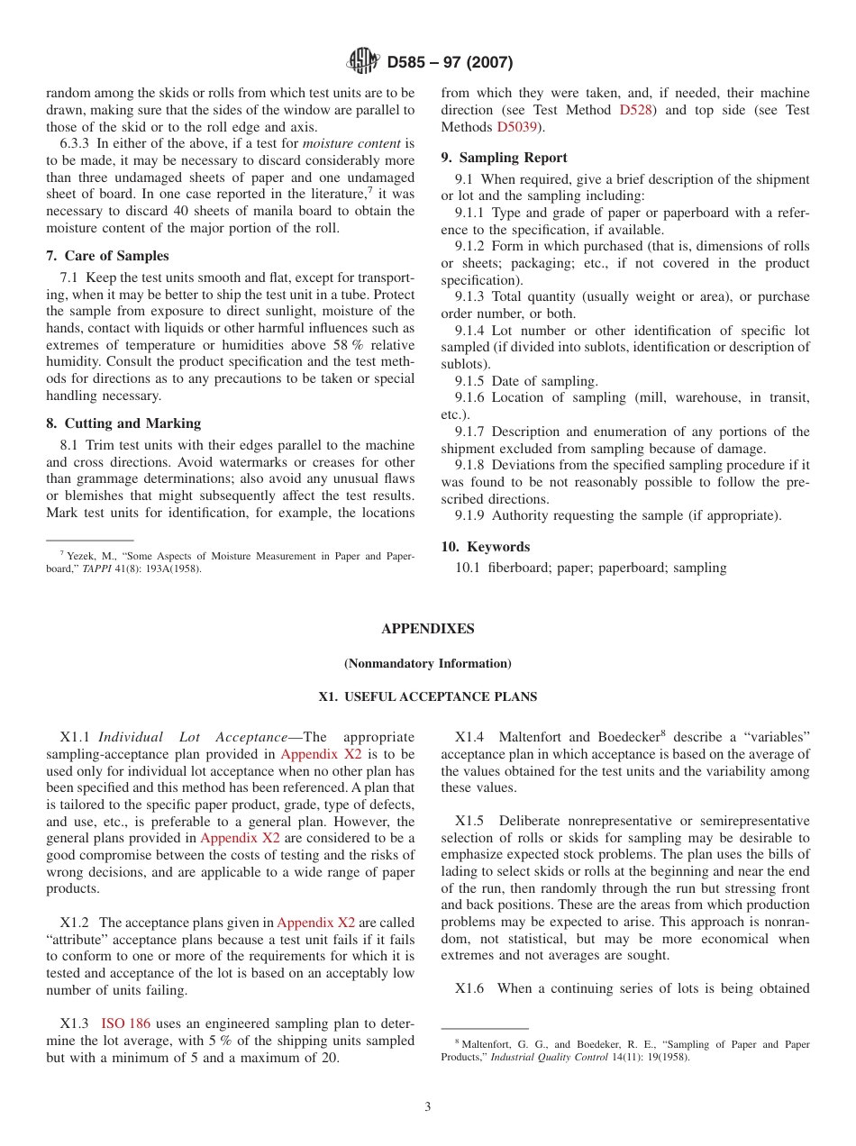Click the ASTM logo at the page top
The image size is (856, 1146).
click(363, 62)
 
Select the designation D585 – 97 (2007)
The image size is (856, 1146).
click(450, 63)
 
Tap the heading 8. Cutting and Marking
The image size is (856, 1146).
click(123, 423)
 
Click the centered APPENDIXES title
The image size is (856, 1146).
click(427, 629)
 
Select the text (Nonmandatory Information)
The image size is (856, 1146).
click(427, 664)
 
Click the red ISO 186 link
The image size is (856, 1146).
click(125, 1023)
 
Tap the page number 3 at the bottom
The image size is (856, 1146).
click(428, 1107)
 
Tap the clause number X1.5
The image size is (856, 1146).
click(469, 821)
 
